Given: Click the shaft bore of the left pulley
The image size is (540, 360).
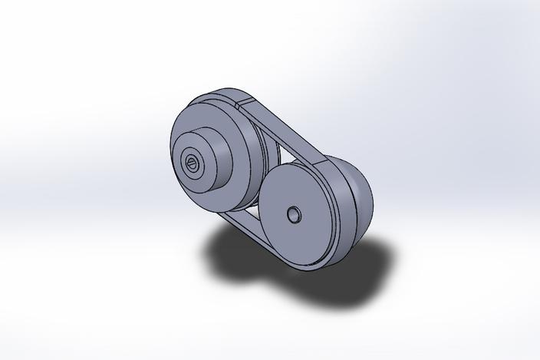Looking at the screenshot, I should [191, 162].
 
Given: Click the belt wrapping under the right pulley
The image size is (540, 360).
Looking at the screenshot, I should [322, 266].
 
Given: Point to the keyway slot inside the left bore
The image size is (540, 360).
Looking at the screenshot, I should [191, 160].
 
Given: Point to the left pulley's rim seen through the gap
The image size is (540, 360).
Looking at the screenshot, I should [267, 154].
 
